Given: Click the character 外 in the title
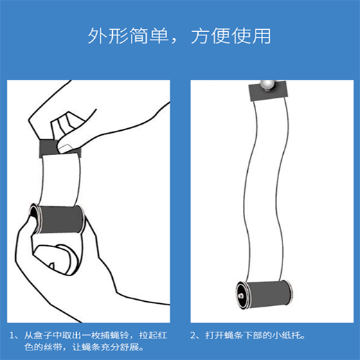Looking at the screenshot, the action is (x=98, y=36).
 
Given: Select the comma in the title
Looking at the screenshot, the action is (x=174, y=41).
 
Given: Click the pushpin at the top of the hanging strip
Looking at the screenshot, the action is (x=268, y=85).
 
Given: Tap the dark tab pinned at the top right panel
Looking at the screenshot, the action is (x=269, y=91).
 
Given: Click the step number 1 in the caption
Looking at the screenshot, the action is (x=12, y=336).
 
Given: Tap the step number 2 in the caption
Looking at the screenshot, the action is (x=193, y=336).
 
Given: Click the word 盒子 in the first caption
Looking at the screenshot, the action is (x=43, y=336).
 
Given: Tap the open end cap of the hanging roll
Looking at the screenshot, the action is (x=242, y=295).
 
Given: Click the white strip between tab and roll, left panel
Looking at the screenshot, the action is (x=60, y=180).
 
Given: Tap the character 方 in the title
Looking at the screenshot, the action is (x=200, y=36).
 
